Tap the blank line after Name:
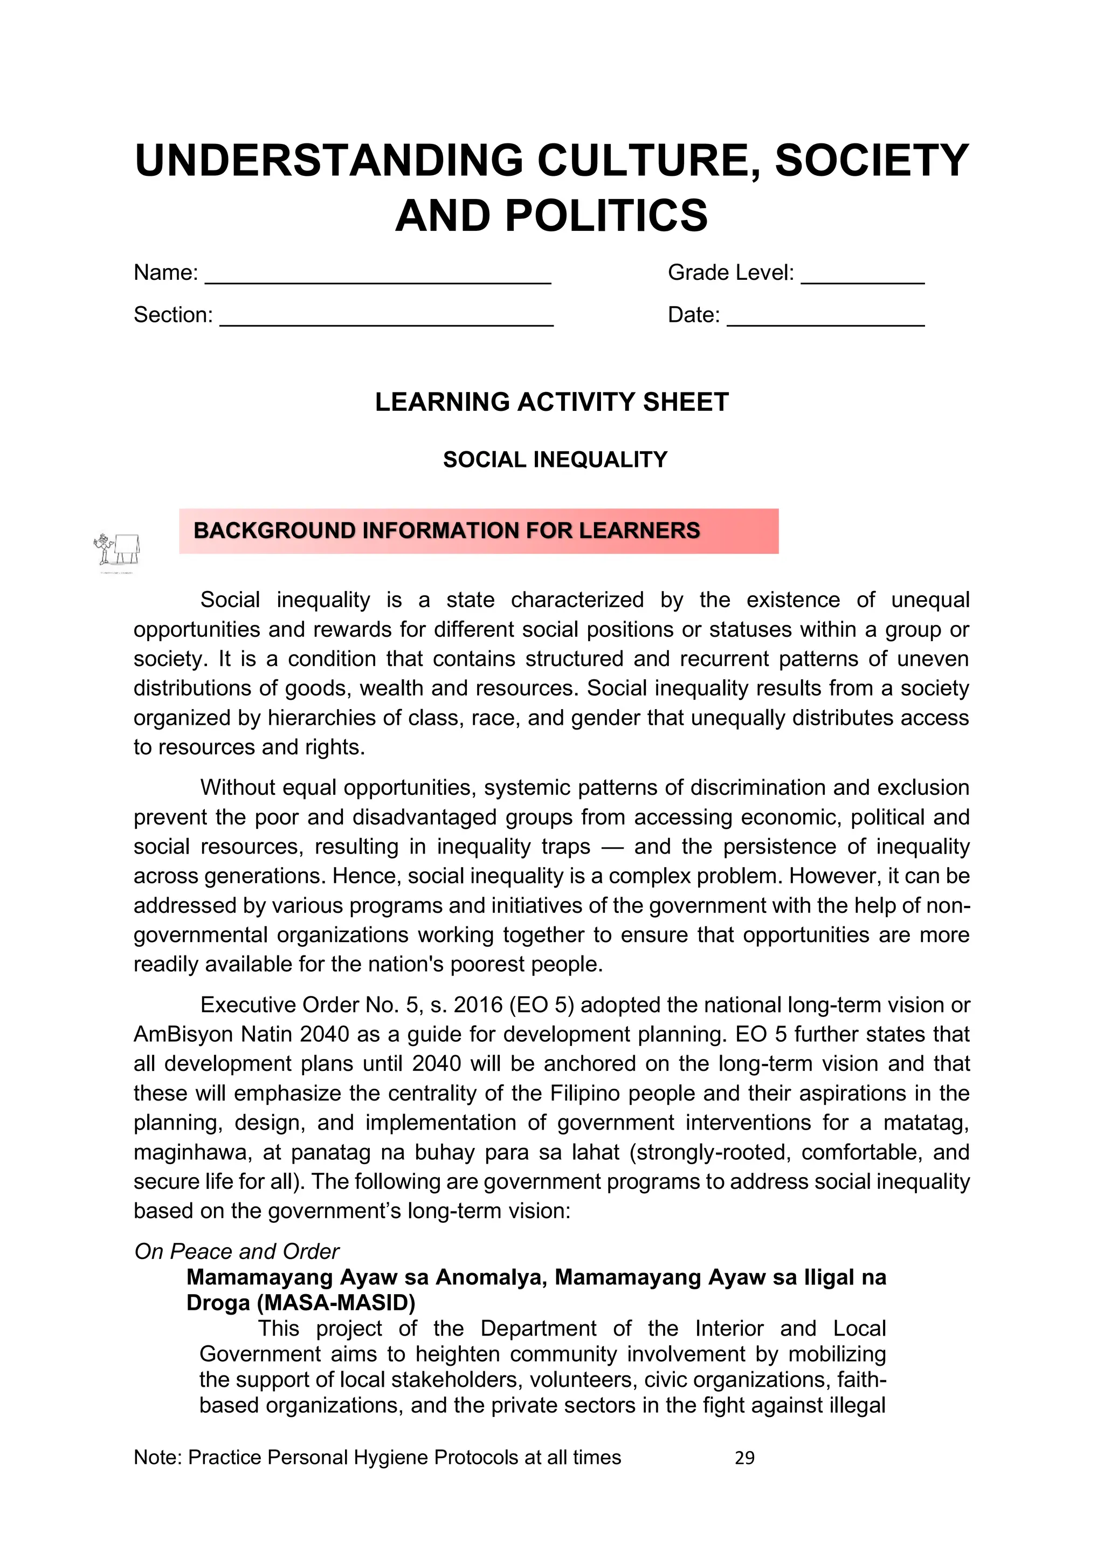click(378, 279)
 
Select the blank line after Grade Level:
click(862, 279)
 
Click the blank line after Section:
click(386, 321)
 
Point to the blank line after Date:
click(825, 321)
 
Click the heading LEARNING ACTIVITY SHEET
click(551, 402)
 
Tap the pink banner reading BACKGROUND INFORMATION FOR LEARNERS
click(479, 531)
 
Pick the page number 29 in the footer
click(744, 1457)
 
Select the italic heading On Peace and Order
click(237, 1251)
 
